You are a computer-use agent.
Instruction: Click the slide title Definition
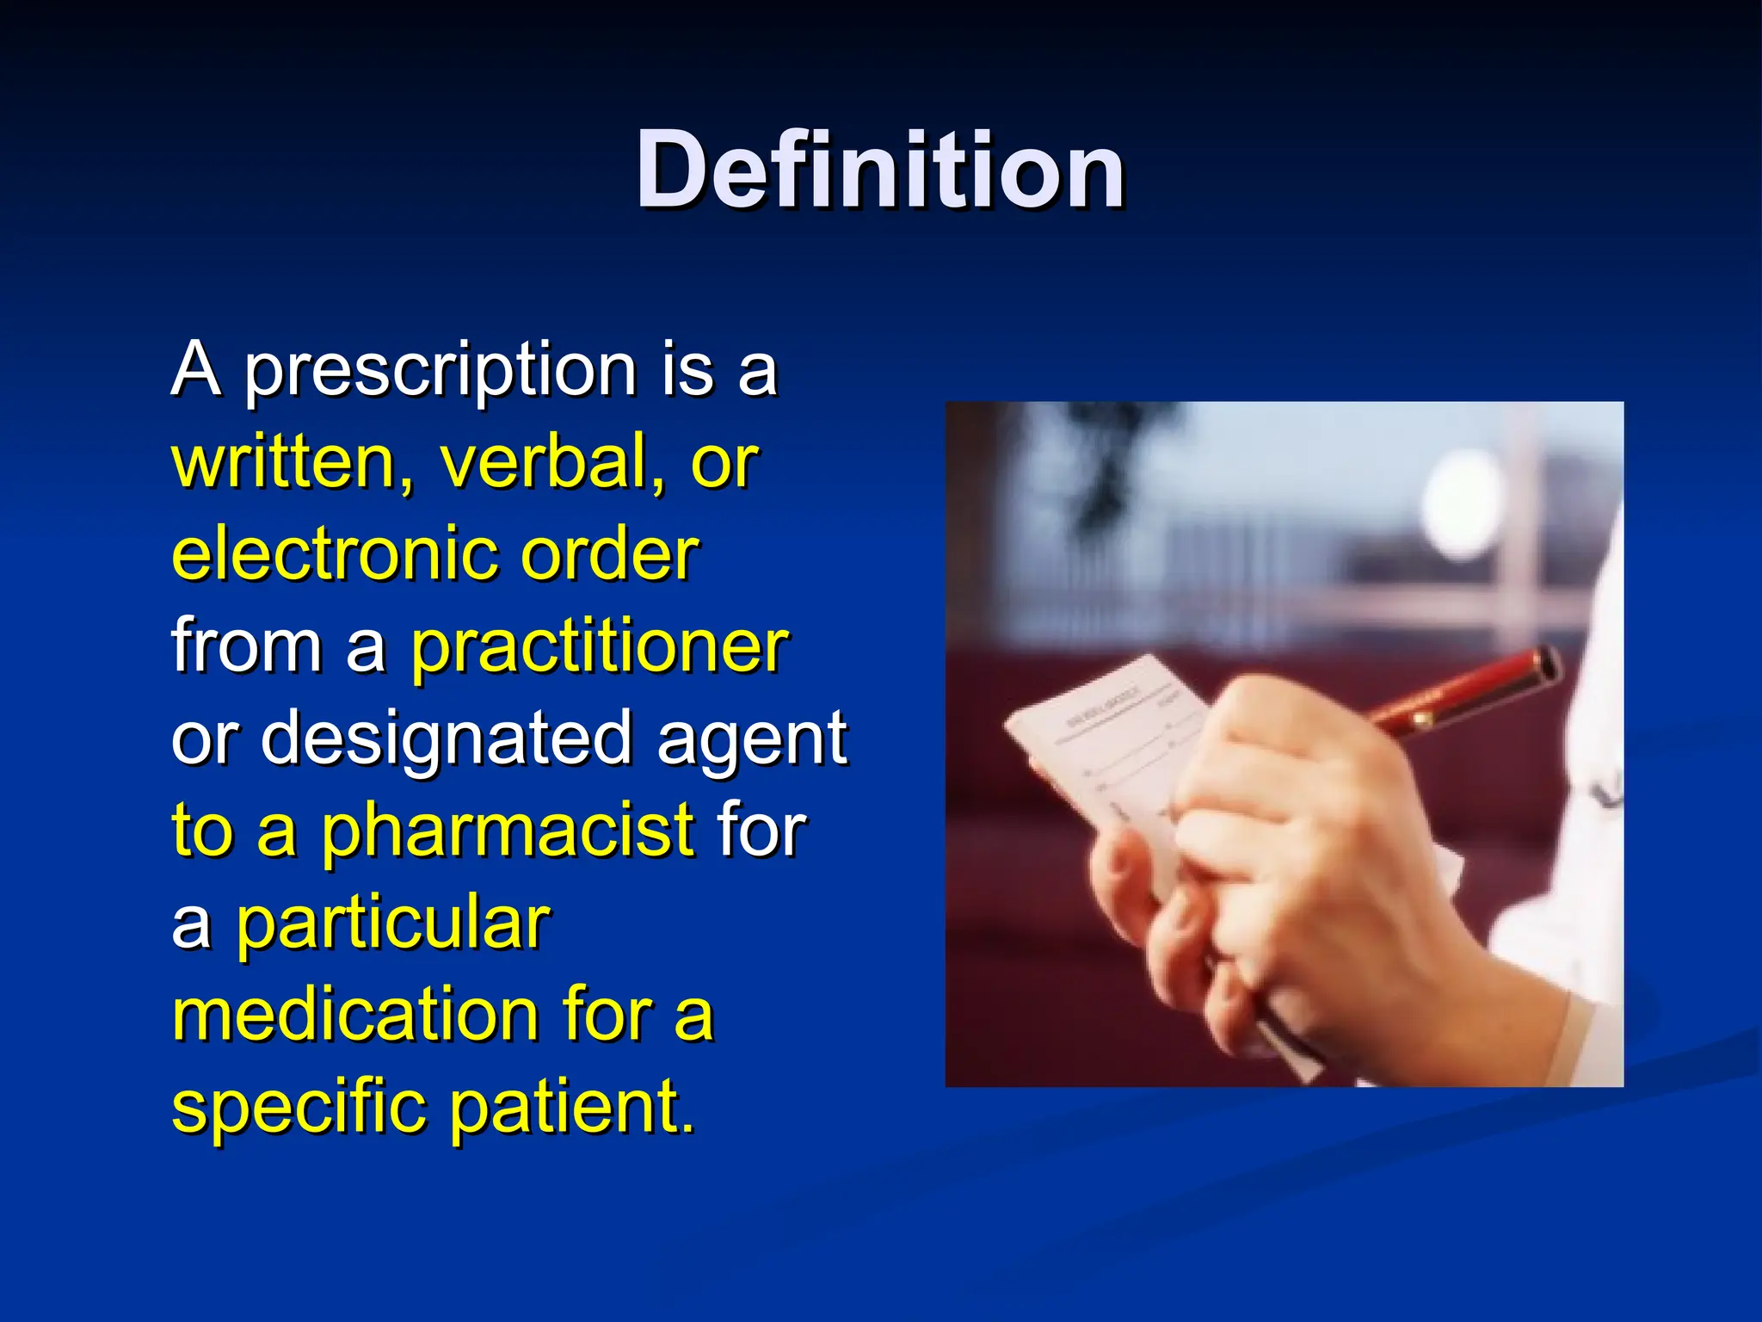coord(879,170)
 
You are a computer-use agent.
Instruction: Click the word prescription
coord(440,370)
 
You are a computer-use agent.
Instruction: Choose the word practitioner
coord(599,647)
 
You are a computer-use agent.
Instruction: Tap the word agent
coord(753,739)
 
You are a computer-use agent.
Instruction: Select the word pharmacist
coord(508,831)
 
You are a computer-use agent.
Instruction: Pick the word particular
coord(393,924)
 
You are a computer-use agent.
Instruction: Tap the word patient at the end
coord(571,1108)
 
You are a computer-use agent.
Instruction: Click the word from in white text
coord(246,647)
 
